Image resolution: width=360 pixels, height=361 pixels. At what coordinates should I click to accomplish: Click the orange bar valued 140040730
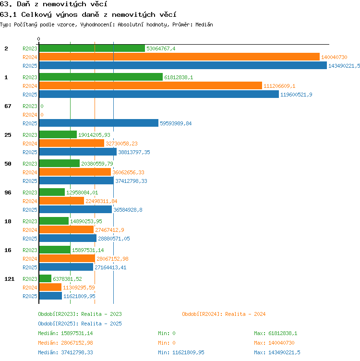(180, 57)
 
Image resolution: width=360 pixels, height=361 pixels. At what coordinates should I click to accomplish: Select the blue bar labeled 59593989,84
(99, 123)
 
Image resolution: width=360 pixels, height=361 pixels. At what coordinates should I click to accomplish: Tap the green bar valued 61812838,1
(101, 77)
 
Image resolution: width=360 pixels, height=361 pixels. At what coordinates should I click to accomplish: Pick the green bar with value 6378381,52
(45, 278)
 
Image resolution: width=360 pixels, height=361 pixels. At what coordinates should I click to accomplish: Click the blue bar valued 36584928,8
(75, 209)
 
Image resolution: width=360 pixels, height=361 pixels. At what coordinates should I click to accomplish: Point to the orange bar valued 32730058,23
(72, 143)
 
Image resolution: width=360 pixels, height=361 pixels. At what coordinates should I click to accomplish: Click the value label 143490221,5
(344, 66)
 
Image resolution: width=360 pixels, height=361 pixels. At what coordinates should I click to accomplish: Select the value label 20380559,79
(97, 164)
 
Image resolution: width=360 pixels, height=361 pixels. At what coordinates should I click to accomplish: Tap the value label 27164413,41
(110, 267)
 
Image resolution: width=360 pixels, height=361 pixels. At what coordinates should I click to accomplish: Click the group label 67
(8, 106)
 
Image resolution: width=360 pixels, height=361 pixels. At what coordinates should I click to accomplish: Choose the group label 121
(10, 279)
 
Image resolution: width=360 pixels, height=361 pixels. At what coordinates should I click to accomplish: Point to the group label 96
(8, 193)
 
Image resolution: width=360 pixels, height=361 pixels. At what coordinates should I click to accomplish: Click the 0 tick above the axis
(39, 39)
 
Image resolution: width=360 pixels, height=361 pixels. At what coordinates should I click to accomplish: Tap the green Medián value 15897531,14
(77, 333)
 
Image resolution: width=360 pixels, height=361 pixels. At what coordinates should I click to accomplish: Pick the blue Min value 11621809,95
(188, 352)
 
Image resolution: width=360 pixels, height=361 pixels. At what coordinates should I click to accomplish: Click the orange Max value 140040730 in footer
(281, 343)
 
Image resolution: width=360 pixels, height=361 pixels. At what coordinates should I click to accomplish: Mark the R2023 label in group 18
(30, 221)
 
